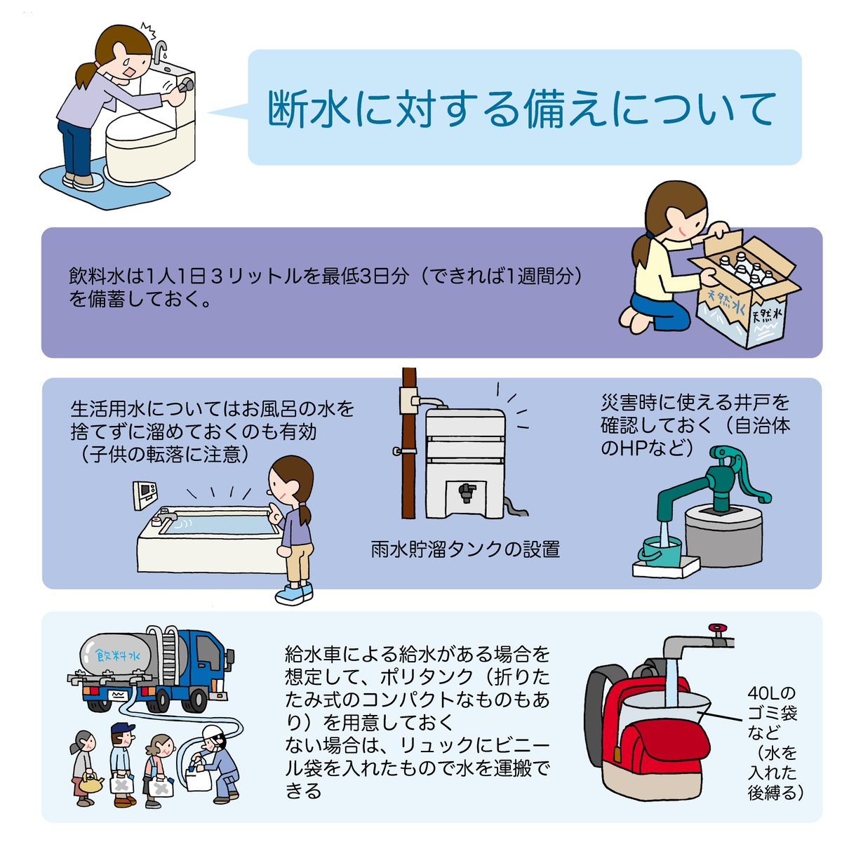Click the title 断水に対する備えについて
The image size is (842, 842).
[523, 108]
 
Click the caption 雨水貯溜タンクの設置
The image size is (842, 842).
[465, 549]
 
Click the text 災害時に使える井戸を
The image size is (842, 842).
[695, 403]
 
